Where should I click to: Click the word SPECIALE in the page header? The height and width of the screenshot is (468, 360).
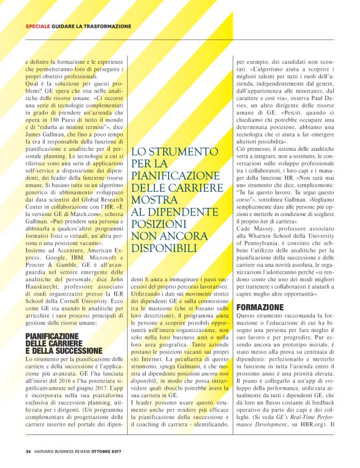38,27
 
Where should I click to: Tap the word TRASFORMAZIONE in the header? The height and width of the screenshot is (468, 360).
109,27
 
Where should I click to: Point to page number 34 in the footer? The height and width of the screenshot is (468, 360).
29,451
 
